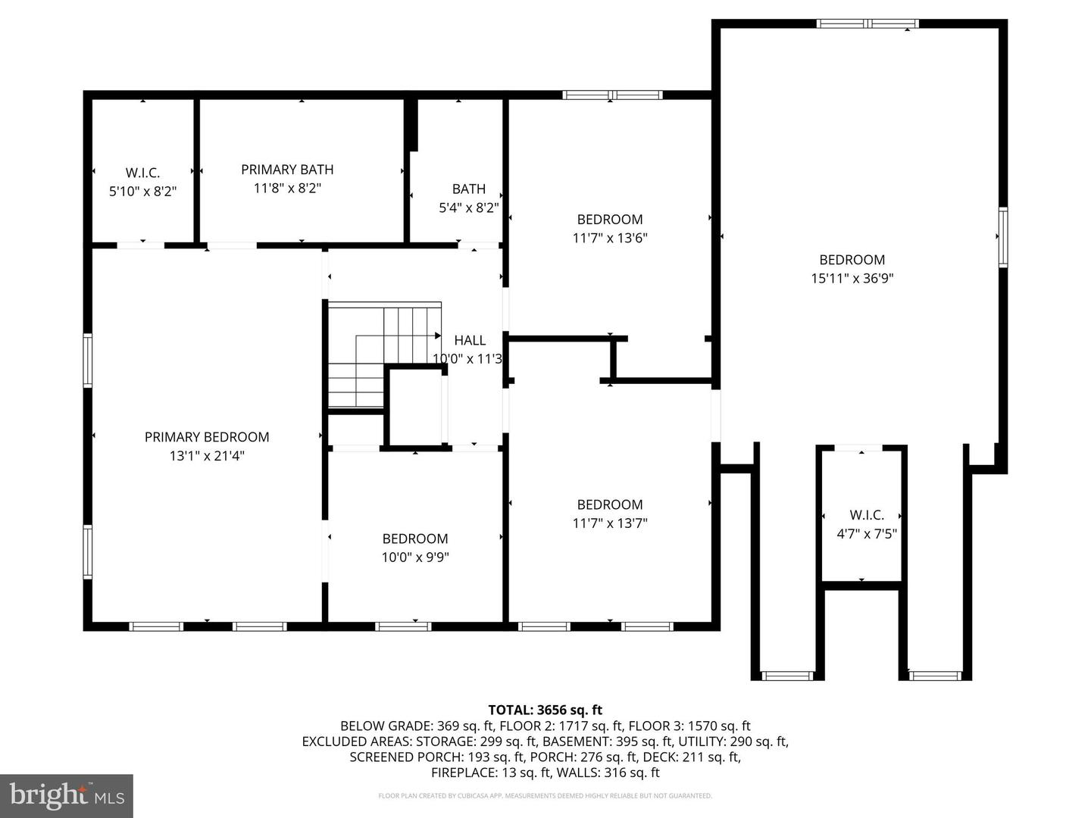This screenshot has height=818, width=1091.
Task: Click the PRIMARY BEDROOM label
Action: click(207, 437)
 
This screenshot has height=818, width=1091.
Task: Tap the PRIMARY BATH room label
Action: click(287, 170)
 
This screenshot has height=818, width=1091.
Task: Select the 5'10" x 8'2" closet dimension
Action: click(142, 192)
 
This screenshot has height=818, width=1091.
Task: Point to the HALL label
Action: click(470, 341)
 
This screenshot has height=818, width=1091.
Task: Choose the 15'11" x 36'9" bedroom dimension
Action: click(852, 278)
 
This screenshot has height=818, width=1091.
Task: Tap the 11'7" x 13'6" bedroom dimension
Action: click(610, 238)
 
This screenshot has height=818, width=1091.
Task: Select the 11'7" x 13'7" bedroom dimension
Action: click(610, 523)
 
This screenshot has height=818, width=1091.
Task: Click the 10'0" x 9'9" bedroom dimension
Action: click(415, 557)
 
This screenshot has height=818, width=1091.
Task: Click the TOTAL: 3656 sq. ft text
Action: click(545, 710)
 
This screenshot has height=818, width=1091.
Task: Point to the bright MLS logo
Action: click(67, 795)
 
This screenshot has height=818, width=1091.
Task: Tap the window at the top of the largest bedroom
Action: click(867, 23)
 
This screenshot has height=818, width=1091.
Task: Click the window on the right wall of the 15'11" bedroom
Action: click(1002, 238)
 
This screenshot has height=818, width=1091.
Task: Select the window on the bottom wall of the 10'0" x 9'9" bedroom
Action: click(403, 626)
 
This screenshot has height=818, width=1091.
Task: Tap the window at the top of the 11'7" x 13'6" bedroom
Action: click(612, 95)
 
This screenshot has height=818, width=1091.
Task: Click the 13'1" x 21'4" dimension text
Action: click(207, 456)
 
